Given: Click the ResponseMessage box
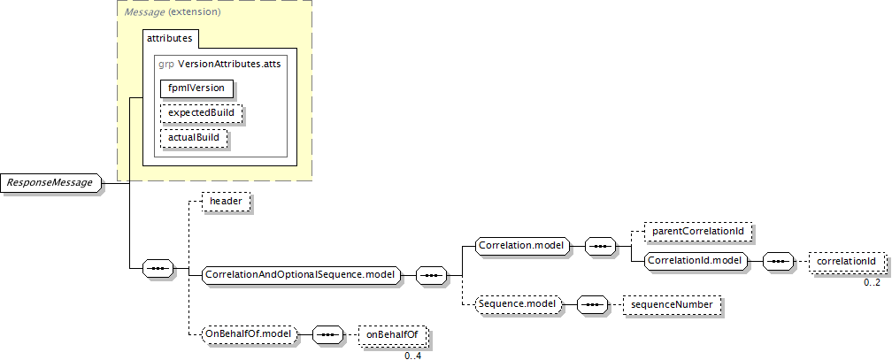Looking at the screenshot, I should point(50,183).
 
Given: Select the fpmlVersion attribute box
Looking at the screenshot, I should point(196,88).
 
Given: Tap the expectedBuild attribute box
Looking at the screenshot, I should point(201,114).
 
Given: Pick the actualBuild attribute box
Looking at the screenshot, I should point(194,139).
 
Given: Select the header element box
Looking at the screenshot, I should point(226,203).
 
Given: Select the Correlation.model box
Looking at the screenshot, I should point(520,245).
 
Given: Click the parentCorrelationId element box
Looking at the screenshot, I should point(699,233).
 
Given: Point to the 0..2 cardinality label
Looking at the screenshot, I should point(872,282).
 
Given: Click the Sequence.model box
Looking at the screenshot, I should point(518,304).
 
